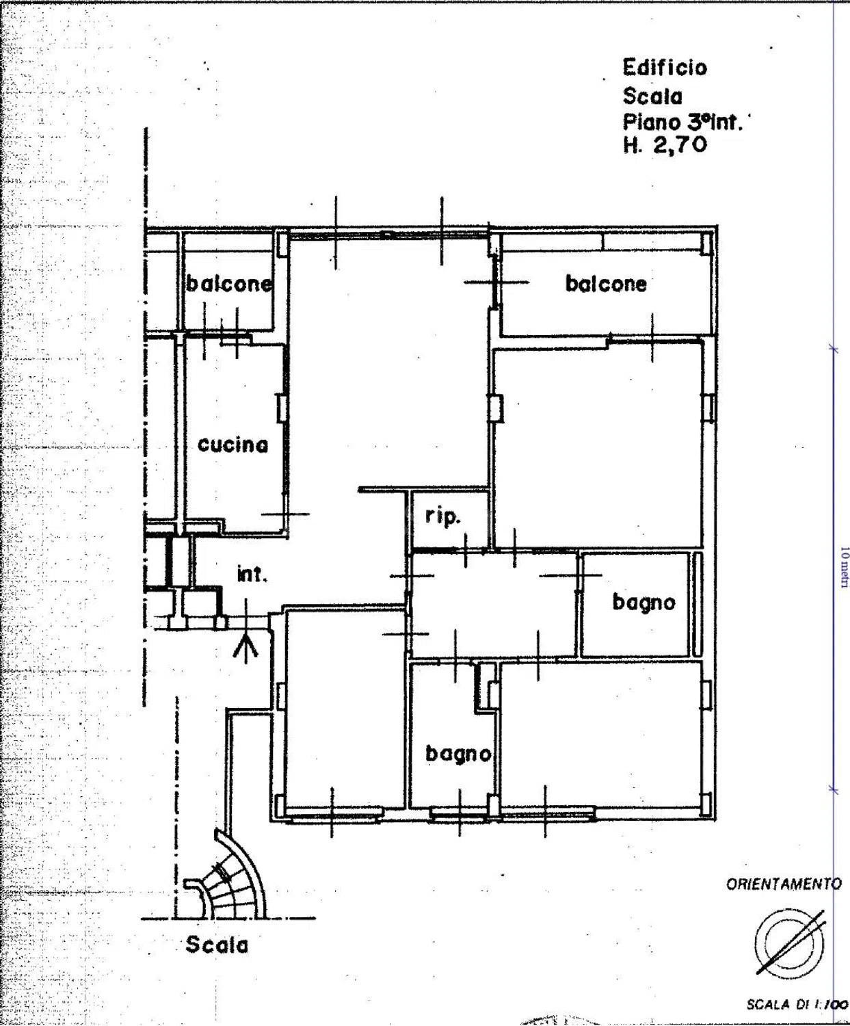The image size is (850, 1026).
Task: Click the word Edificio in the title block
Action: coord(665,68)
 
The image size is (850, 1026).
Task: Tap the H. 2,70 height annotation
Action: coord(665,144)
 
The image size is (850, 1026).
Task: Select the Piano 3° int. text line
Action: coord(682,121)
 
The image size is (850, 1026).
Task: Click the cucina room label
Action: coord(233,445)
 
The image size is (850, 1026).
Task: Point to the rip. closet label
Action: coord(443,517)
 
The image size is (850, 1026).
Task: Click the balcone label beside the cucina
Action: coord(229,284)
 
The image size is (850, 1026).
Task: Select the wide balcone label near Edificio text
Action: coord(606,284)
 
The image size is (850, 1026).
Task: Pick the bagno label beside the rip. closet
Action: coord(643,603)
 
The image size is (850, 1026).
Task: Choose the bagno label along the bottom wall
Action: coord(458,754)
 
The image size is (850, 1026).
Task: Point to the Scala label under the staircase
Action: coord(217,945)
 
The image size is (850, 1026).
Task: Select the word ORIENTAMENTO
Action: coord(784,884)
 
